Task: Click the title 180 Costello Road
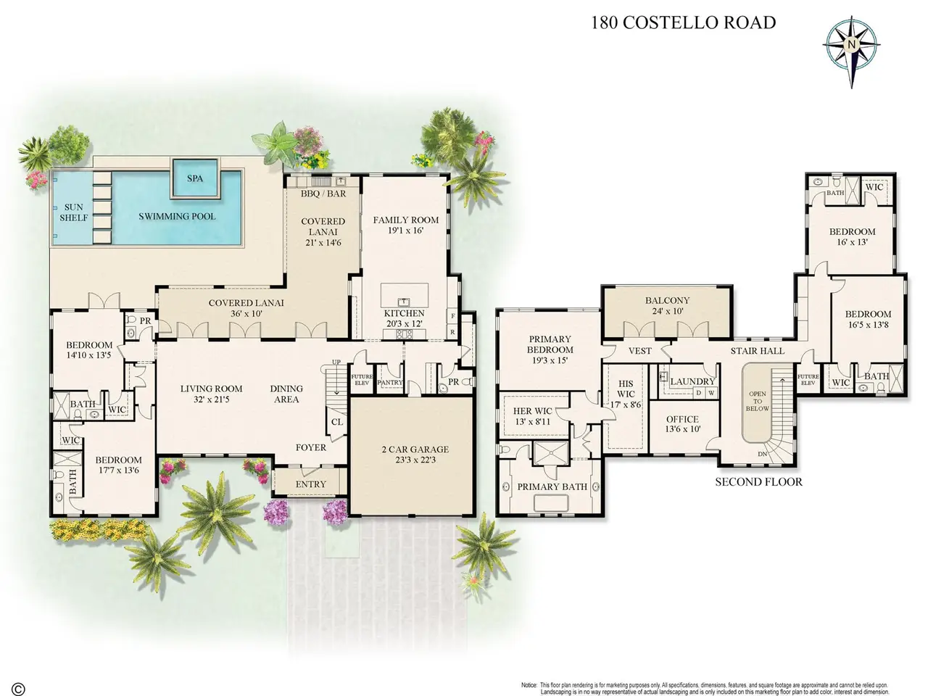(x=683, y=22)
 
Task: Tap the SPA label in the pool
(x=195, y=178)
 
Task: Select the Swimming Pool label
(x=177, y=216)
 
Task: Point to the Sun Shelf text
(x=74, y=212)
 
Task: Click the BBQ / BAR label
(x=323, y=194)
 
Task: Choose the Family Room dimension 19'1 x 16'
(x=405, y=231)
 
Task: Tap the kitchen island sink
(x=404, y=302)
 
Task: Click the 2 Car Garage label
(x=415, y=449)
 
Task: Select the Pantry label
(x=390, y=383)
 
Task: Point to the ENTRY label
(x=311, y=484)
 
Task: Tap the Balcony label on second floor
(x=668, y=300)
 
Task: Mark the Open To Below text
(x=757, y=401)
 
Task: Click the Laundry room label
(x=692, y=381)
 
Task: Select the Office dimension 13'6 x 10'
(x=683, y=429)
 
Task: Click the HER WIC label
(x=532, y=411)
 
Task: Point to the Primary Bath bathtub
(x=551, y=504)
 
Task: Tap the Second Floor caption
(x=758, y=481)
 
